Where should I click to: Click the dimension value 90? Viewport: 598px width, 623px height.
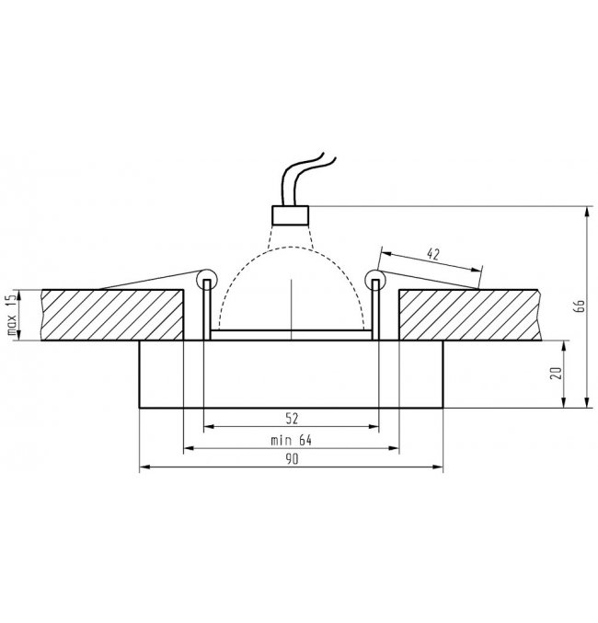(x=292, y=460)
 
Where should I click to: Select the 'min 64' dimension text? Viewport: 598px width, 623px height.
(x=292, y=440)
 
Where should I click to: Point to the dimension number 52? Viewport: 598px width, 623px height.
(x=292, y=419)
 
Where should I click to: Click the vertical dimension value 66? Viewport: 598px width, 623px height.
(x=580, y=306)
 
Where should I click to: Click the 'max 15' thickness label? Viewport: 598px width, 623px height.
(x=12, y=316)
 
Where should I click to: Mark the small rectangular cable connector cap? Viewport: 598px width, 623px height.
(x=291, y=214)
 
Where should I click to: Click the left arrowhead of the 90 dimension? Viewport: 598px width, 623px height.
(x=143, y=469)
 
